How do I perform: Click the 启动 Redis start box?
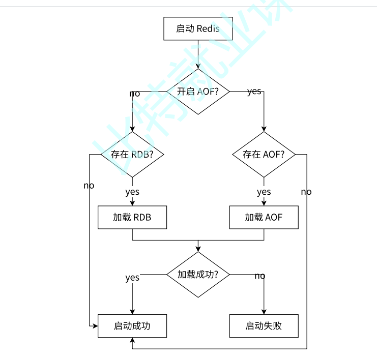click(198, 28)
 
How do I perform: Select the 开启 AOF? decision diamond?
click(198, 92)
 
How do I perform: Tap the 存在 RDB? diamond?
click(132, 155)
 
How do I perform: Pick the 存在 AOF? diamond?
click(264, 155)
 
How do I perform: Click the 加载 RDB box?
click(132, 218)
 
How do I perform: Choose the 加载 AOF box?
click(264, 218)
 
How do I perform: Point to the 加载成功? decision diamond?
click(198, 275)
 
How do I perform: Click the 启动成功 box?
click(132, 326)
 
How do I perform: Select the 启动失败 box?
click(264, 326)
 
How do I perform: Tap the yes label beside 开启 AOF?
click(254, 92)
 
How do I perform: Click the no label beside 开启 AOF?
click(135, 94)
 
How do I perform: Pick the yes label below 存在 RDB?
click(132, 192)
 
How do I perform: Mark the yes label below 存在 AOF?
click(264, 192)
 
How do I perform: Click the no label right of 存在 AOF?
click(306, 192)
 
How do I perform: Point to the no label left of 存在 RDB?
click(89, 186)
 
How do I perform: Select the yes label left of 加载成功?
click(132, 278)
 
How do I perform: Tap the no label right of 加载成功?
click(259, 276)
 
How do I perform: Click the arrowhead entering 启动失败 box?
click(264, 312)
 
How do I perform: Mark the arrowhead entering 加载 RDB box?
click(132, 203)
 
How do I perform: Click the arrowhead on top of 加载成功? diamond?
click(198, 249)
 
